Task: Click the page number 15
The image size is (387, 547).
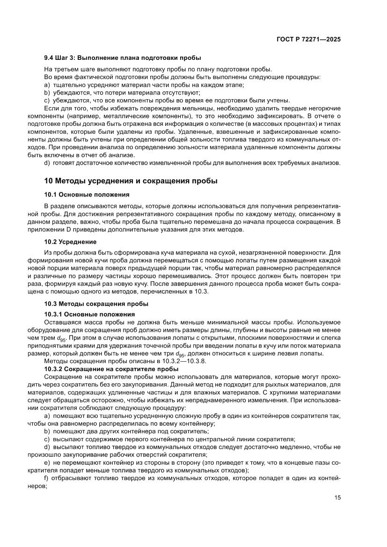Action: tap(337, 497)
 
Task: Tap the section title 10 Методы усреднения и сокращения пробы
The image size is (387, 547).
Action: tap(131, 180)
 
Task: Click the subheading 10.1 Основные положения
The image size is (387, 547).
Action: tap(87, 194)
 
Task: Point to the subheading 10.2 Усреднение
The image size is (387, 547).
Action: tap(70, 241)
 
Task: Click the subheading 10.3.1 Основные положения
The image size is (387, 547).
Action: tap(89, 314)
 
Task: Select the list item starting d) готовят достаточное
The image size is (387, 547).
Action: tap(192, 162)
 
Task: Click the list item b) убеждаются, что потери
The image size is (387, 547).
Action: tap(122, 92)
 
